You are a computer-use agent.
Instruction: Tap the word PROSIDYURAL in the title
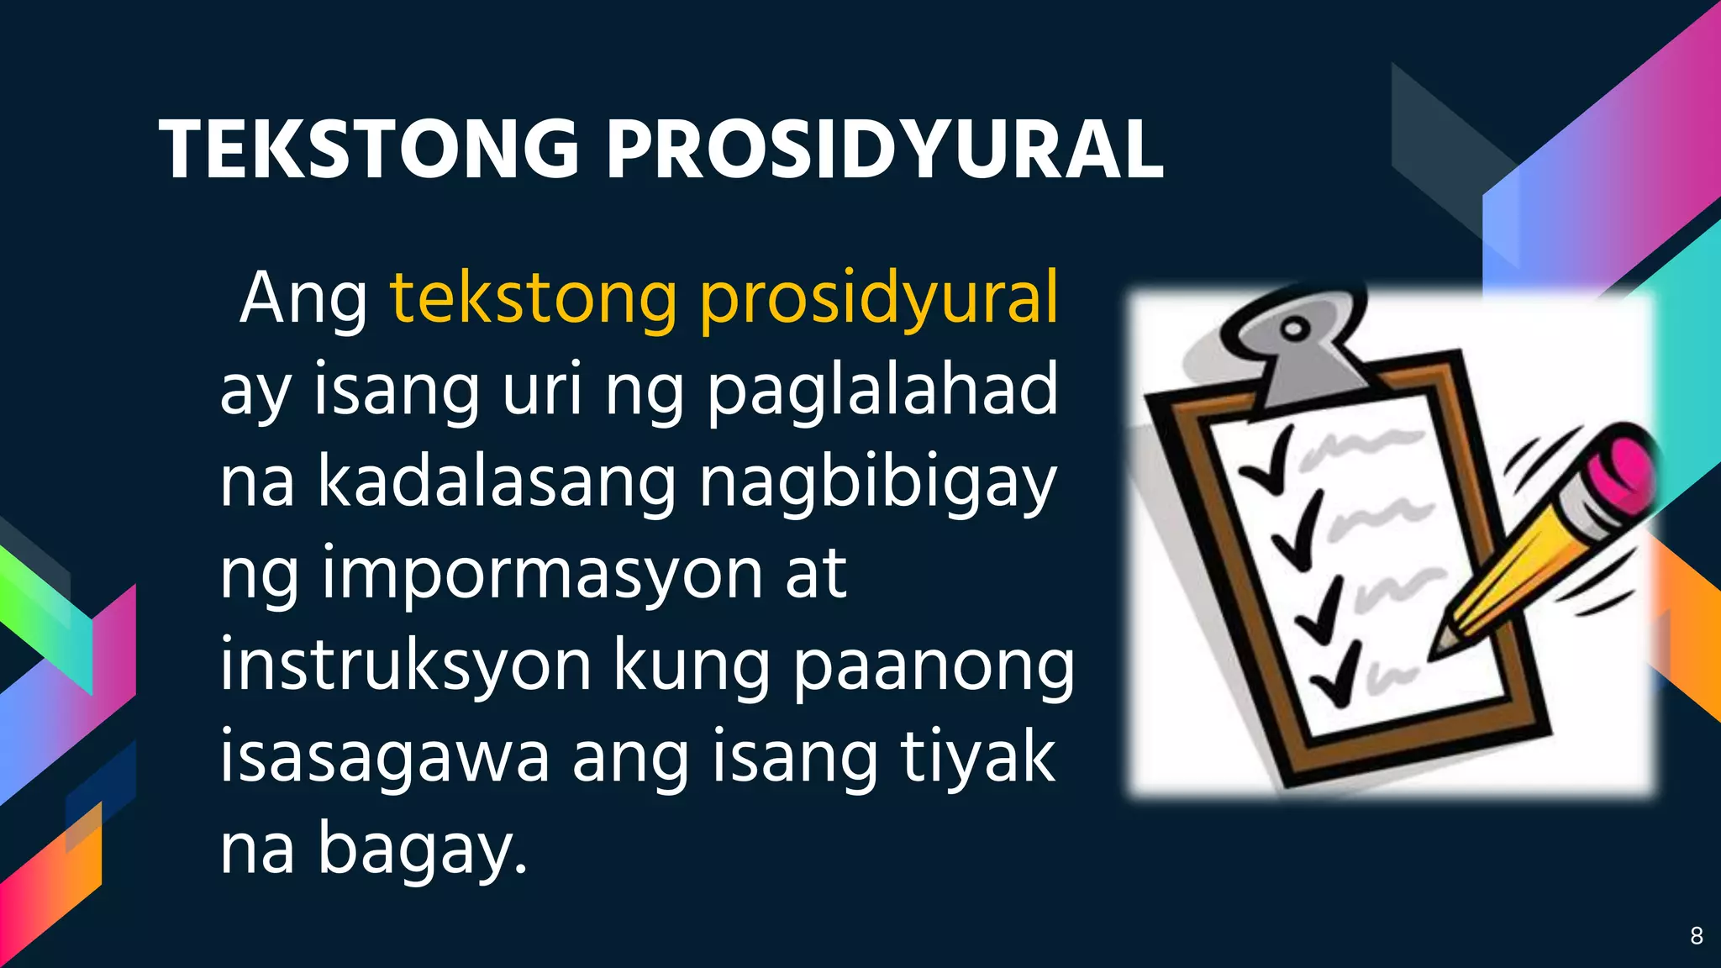pos(885,150)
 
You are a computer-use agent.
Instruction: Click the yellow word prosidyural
pos(879,298)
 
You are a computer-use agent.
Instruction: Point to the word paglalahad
pos(882,391)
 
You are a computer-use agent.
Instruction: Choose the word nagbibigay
pos(877,484)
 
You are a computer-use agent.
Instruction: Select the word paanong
pos(934,667)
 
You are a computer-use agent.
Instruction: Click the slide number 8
pos(1696,936)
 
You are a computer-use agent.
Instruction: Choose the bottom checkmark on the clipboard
pos(1336,678)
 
